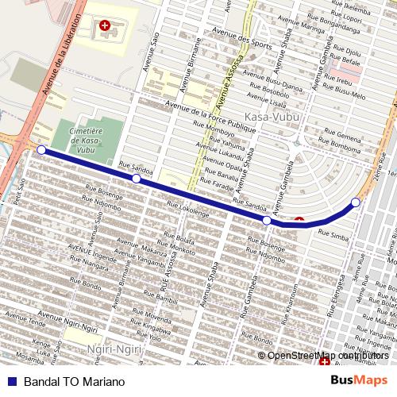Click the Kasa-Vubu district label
(x=268, y=118)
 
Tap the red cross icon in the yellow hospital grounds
(x=105, y=26)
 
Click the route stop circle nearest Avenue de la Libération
(x=41, y=148)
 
